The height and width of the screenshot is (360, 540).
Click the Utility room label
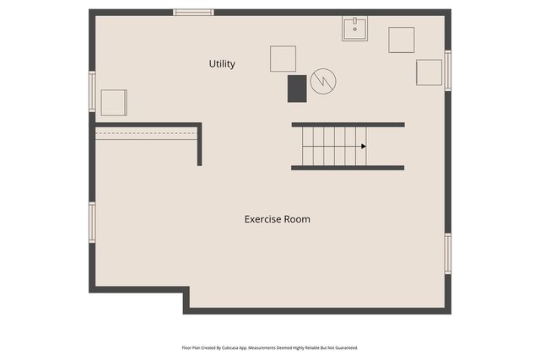pyautogui.click(x=222, y=64)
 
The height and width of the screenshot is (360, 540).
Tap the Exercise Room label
pyautogui.click(x=278, y=219)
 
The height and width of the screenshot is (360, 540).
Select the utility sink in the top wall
pyautogui.click(x=354, y=29)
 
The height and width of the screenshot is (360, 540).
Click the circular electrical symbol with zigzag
pyautogui.click(x=323, y=81)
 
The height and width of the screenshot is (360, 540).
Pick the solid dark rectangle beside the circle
pyautogui.click(x=297, y=89)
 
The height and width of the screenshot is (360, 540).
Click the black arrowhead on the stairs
pyautogui.click(x=364, y=146)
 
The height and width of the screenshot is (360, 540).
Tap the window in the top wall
pyautogui.click(x=193, y=13)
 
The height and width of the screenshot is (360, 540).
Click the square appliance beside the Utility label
pyautogui.click(x=283, y=59)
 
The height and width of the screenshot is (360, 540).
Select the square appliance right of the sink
pyautogui.click(x=402, y=40)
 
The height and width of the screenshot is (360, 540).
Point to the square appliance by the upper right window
pyautogui.click(x=429, y=73)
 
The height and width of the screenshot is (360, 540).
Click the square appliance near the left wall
pyautogui.click(x=114, y=103)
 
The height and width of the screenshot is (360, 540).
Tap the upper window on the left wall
pyautogui.click(x=92, y=92)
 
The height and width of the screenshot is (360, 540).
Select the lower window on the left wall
pyautogui.click(x=92, y=223)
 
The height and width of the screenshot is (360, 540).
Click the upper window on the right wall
pyautogui.click(x=448, y=71)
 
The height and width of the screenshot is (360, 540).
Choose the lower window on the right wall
pyautogui.click(x=448, y=254)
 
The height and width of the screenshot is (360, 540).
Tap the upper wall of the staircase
pyautogui.click(x=348, y=125)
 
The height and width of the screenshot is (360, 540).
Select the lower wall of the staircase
pyautogui.click(x=348, y=168)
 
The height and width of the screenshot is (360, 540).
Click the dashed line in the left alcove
pyautogui.click(x=146, y=133)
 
